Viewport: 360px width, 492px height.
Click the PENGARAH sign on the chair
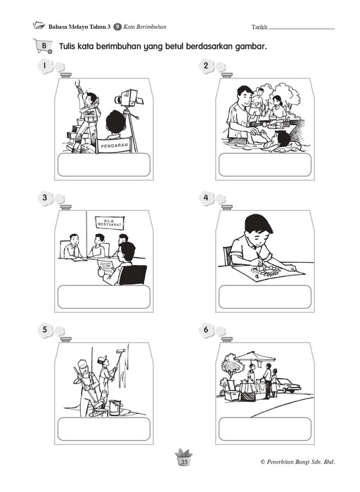point(114,145)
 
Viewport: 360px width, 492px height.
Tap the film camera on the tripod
point(129,98)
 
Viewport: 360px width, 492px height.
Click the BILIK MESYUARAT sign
point(110,223)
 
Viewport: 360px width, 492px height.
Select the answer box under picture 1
point(104,164)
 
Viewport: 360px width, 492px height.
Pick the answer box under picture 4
point(265,297)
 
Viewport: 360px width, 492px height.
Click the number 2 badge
point(206,66)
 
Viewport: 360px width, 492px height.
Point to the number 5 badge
point(45,330)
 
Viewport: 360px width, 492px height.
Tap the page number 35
point(184,462)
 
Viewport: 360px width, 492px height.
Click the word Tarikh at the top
point(259,27)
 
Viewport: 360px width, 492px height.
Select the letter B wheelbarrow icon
point(43,46)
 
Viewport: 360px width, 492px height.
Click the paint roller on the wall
point(120,354)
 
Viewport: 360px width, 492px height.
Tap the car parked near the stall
point(288,385)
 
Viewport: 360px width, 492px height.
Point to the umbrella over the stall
point(255,357)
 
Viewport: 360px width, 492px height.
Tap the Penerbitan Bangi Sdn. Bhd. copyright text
point(298,462)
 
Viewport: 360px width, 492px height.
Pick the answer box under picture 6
point(265,429)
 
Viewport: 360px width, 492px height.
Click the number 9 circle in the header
point(117,27)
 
